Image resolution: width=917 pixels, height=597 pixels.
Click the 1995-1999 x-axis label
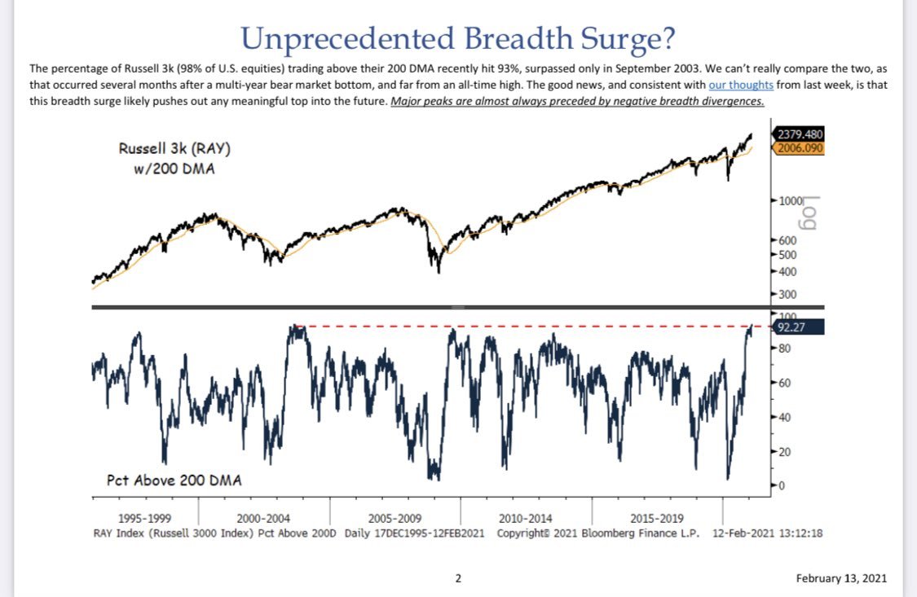coord(144,518)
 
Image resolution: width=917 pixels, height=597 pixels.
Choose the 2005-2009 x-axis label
coord(395,518)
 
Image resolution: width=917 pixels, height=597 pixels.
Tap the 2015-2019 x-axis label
coord(657,518)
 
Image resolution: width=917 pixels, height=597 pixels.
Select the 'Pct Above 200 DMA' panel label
coord(174,480)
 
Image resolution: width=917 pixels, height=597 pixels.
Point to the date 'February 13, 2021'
coord(841,578)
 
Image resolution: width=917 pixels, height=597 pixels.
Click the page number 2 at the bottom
coord(458,578)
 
